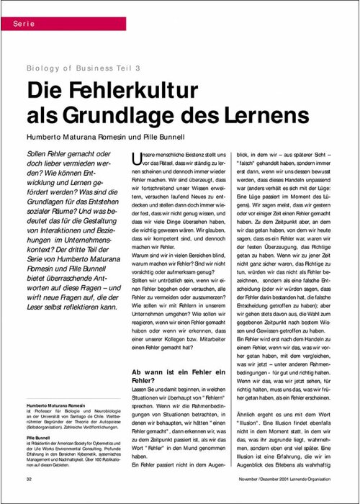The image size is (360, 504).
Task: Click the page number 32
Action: (29, 478)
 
